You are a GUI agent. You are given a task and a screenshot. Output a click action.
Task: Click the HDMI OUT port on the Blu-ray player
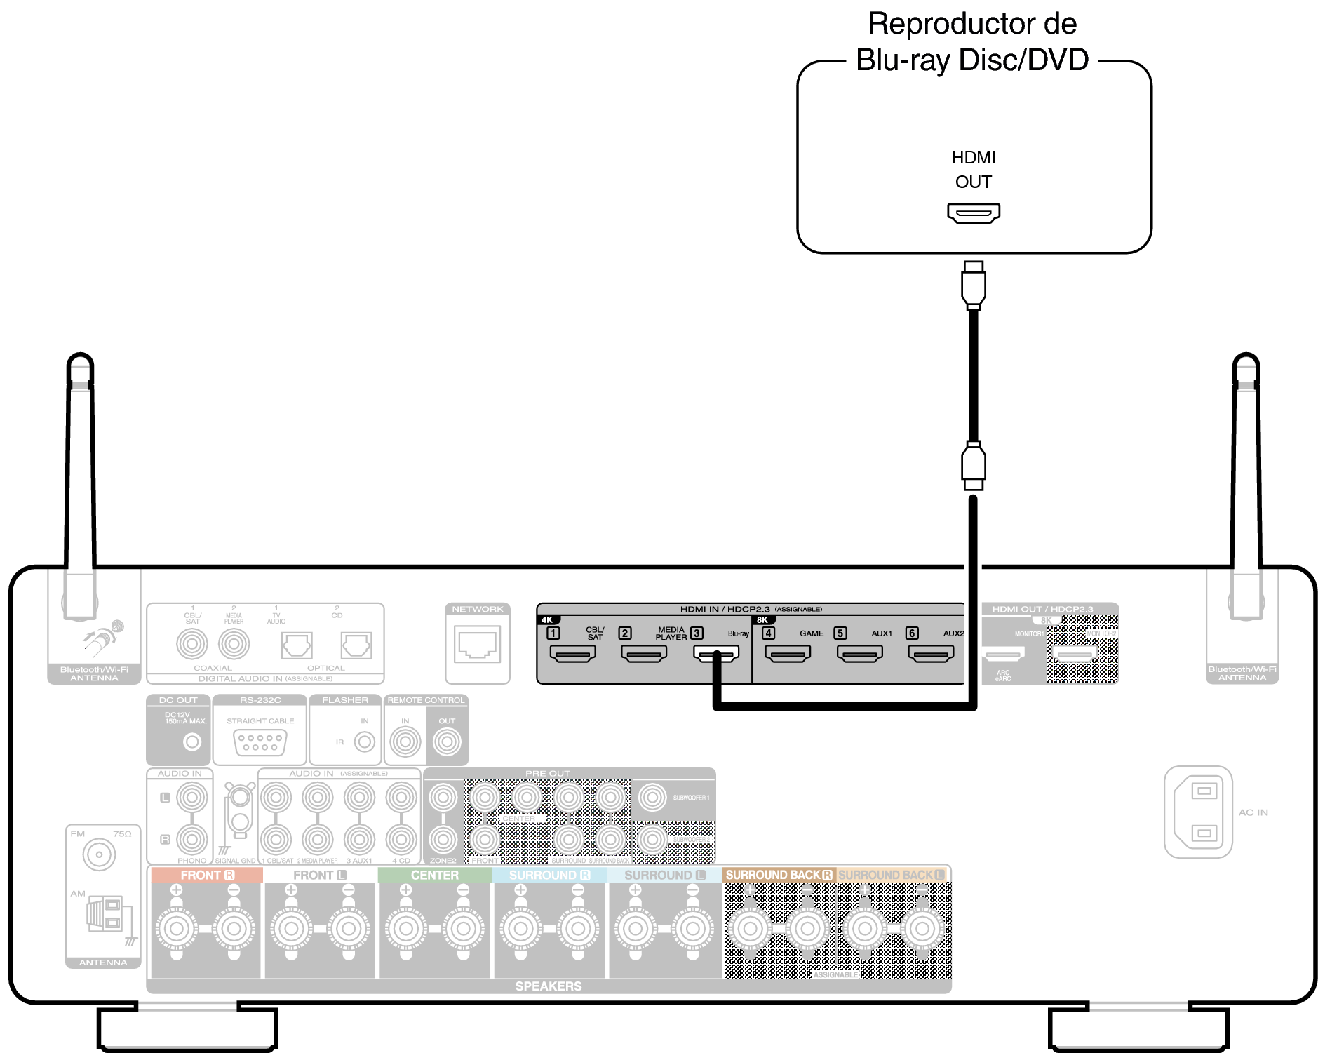pos(973,213)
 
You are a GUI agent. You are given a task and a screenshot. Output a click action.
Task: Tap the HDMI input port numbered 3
pos(715,654)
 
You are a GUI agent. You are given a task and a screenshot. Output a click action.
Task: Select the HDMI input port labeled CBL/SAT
pos(572,654)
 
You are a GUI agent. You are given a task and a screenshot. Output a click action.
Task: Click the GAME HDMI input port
pos(787,654)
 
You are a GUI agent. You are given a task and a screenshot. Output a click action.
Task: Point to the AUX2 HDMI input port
pos(931,654)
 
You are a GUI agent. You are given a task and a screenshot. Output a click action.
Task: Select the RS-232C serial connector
pos(260,742)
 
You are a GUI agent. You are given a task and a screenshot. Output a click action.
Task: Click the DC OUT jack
pos(191,742)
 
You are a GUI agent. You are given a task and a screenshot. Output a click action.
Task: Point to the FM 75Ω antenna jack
pos(99,854)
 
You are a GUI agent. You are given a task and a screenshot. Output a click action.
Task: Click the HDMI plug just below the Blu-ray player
pos(974,285)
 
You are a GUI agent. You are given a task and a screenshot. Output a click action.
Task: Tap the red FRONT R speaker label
pos(207,875)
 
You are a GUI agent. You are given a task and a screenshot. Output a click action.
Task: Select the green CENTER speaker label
pos(434,875)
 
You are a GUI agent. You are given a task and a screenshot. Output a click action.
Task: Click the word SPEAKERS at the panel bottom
pos(548,986)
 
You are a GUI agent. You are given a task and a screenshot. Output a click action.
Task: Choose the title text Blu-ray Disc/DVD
pos(971,60)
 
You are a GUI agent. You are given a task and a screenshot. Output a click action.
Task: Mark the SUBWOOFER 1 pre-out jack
pos(653,797)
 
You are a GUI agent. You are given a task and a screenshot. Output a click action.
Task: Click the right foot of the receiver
pos(1138,1028)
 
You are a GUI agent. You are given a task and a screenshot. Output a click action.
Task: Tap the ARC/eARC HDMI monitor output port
pos(1003,655)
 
